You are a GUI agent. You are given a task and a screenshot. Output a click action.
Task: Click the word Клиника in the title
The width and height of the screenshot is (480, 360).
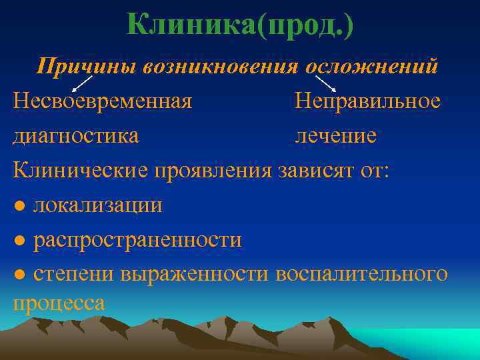pyautogui.click(x=191, y=26)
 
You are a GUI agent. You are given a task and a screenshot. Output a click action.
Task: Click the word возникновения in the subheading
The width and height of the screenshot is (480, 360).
pyautogui.click(x=219, y=66)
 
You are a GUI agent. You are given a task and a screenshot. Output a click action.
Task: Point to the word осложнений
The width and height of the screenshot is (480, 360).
pyautogui.click(x=372, y=66)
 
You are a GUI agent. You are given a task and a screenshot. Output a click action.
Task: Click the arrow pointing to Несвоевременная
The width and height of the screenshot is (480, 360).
pyautogui.click(x=81, y=83)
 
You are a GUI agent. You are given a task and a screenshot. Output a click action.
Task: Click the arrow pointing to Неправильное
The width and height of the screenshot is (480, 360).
pyautogui.click(x=325, y=83)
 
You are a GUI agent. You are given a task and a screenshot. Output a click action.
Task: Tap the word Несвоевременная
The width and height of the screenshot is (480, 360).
pyautogui.click(x=103, y=101)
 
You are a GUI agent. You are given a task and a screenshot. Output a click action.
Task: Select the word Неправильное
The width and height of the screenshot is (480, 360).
pyautogui.click(x=368, y=101)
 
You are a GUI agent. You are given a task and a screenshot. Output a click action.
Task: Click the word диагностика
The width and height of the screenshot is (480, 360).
pyautogui.click(x=76, y=135)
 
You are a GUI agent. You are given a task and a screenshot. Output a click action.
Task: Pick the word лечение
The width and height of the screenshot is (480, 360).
pyautogui.click(x=336, y=135)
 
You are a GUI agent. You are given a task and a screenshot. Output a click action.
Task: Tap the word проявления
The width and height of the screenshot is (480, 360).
pyautogui.click(x=213, y=170)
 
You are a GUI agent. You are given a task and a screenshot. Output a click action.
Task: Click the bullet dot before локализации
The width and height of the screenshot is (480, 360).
pyautogui.click(x=20, y=205)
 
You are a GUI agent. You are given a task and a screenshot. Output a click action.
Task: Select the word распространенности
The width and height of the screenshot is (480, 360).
pyautogui.click(x=137, y=239)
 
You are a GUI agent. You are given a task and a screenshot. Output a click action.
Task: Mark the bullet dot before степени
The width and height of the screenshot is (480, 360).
pyautogui.click(x=20, y=274)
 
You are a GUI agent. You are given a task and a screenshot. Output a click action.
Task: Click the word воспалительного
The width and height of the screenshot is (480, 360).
pyautogui.click(x=361, y=273)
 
